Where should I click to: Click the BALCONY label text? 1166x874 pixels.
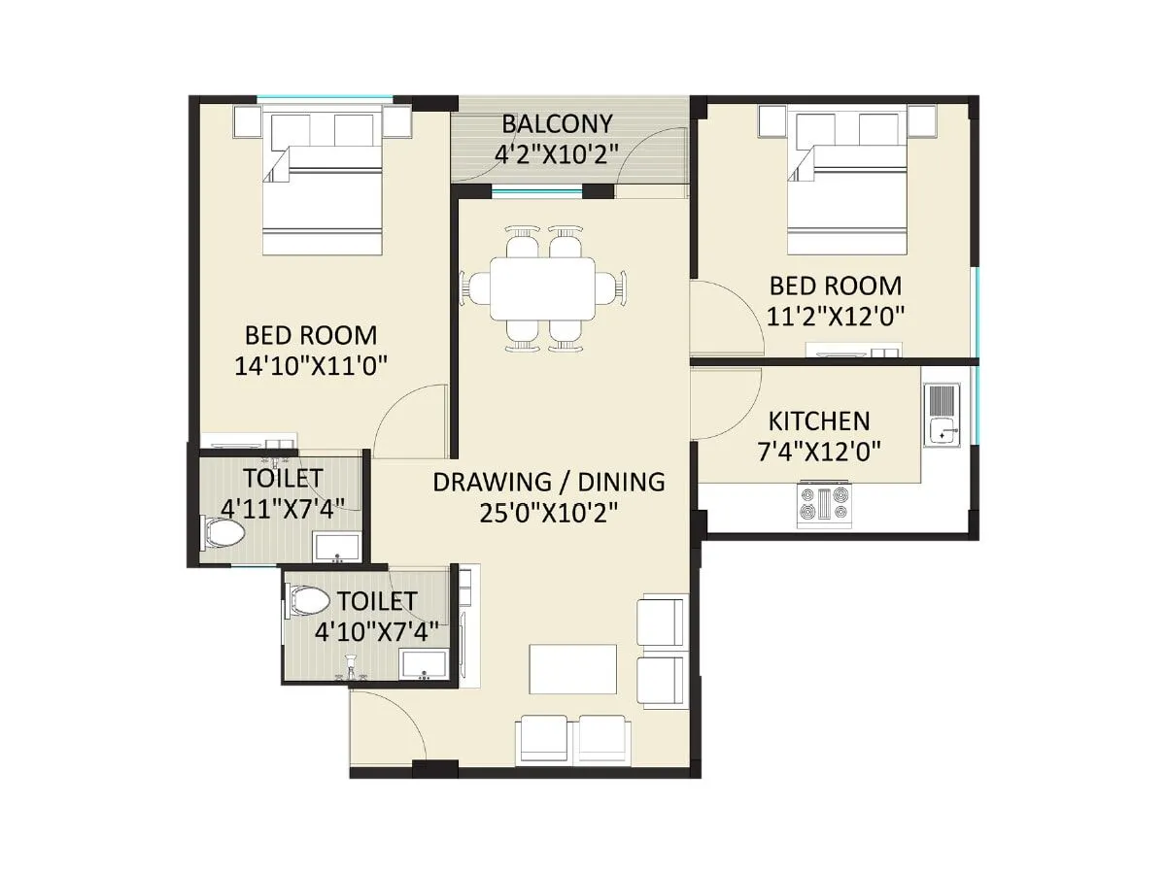click(x=557, y=124)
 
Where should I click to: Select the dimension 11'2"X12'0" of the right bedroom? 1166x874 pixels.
click(x=836, y=316)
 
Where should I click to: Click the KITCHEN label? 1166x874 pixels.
click(x=819, y=421)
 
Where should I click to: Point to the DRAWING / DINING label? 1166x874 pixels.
click(x=549, y=482)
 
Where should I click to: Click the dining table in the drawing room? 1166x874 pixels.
click(x=542, y=288)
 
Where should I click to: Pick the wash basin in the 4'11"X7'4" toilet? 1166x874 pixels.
click(x=337, y=547)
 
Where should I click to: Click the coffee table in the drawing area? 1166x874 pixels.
click(x=573, y=670)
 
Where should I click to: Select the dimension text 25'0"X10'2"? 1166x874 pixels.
click(x=549, y=512)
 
